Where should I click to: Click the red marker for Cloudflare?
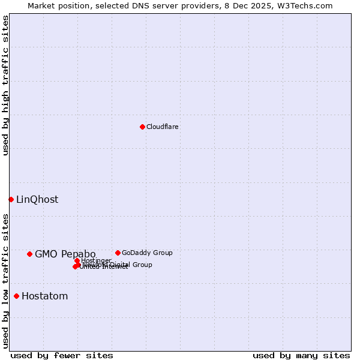(142, 127)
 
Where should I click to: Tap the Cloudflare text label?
(163, 127)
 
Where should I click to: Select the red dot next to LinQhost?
(11, 199)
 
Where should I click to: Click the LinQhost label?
(37, 200)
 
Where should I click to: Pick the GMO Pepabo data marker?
(29, 254)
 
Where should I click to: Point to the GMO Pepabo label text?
(65, 254)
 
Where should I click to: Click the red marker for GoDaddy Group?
(118, 253)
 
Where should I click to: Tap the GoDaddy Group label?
(147, 253)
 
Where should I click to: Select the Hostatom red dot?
(16, 296)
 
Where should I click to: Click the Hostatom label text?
(45, 296)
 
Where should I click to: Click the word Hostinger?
(97, 260)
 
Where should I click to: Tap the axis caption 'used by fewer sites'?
(62, 356)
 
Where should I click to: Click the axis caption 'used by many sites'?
(301, 356)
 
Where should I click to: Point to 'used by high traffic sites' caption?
(6, 85)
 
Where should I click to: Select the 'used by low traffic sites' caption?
(6, 280)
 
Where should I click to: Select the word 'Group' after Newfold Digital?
(143, 265)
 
